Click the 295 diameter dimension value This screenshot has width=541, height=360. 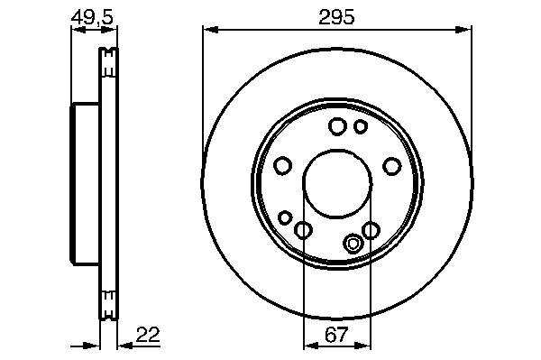(336, 17)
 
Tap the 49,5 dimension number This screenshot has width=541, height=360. (92, 17)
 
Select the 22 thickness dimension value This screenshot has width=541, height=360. (148, 335)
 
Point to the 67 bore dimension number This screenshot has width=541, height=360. (336, 335)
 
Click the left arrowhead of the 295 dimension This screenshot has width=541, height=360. (210, 30)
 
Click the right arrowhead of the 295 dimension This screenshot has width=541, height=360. (463, 30)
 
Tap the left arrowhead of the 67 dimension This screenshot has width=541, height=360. (312, 346)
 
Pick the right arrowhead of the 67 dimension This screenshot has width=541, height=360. (362, 346)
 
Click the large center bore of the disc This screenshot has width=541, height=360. (337, 183)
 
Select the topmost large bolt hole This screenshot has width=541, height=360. (337, 126)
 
